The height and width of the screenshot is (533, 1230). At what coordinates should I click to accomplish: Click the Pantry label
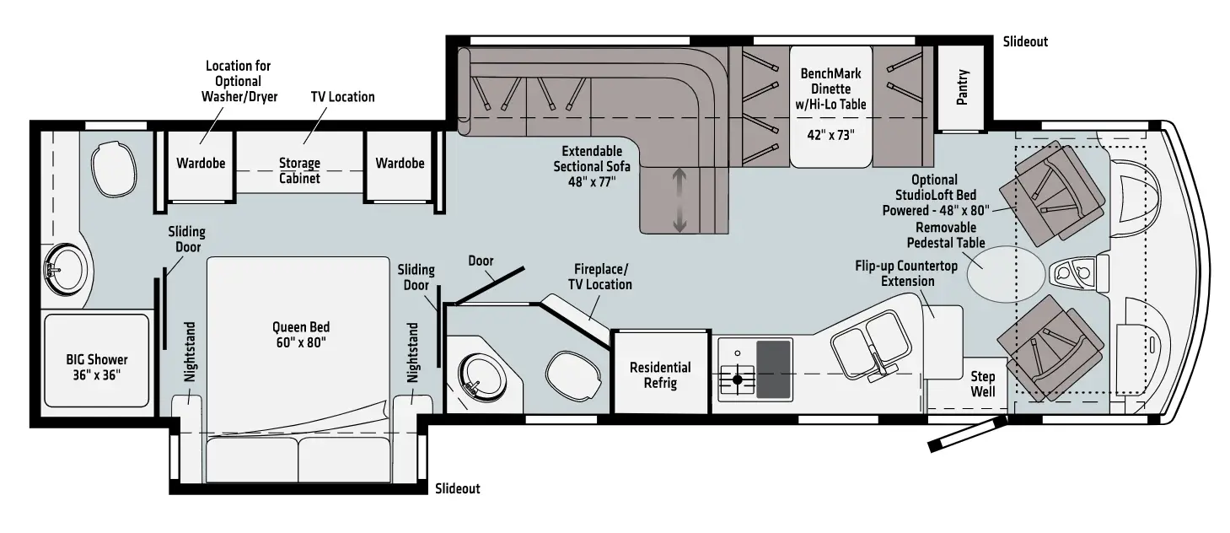coord(963,87)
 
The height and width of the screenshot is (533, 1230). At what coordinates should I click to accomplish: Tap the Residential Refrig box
coord(660,374)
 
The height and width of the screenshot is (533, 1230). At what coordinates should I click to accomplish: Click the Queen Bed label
coord(300,334)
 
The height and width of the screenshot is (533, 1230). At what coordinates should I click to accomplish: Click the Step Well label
coord(982,384)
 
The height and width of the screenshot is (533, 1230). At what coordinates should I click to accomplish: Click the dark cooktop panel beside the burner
coord(774,369)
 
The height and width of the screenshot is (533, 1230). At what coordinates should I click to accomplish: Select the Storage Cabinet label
coord(299,170)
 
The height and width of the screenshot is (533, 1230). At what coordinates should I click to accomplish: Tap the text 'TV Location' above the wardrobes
coord(342,97)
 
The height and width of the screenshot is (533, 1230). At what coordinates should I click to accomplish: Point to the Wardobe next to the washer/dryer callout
coord(201,164)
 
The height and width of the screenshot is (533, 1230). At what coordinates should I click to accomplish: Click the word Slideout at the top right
coord(1025,41)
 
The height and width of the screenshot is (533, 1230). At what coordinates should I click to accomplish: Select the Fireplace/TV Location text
coord(599,276)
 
